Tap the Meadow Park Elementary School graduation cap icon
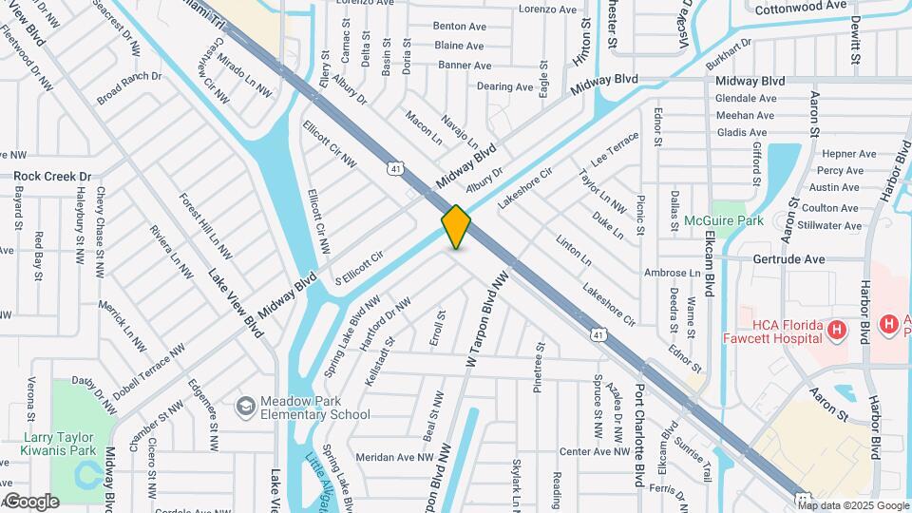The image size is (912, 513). pyautogui.click(x=245, y=406)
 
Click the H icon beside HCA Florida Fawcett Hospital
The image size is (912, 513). pyautogui.click(x=836, y=330)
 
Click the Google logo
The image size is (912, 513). pyautogui.click(x=30, y=502)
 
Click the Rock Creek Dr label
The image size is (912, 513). pyautogui.click(x=52, y=176)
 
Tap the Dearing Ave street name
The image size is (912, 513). pyautogui.click(x=504, y=86)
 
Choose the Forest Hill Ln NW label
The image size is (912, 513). pyautogui.click(x=205, y=226)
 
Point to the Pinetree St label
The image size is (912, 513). pyautogui.click(x=539, y=366)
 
